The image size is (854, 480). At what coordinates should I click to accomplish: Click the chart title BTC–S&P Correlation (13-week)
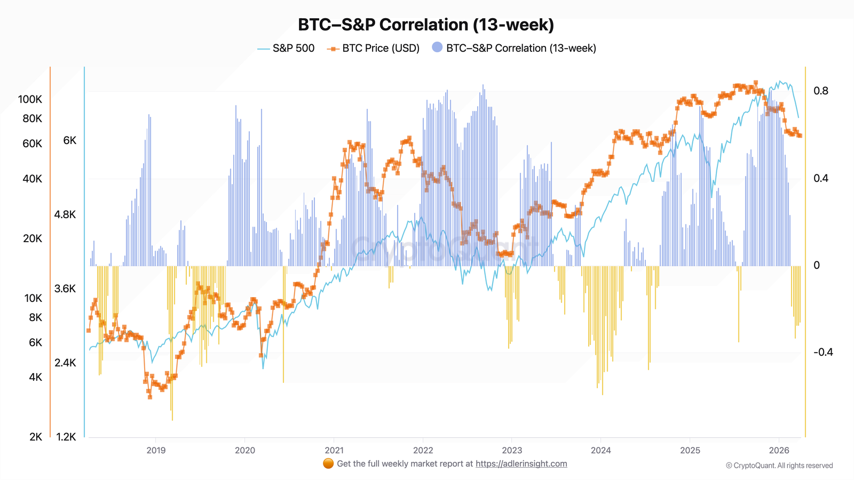[x=426, y=25]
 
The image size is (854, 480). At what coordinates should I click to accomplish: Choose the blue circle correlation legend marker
[x=437, y=47]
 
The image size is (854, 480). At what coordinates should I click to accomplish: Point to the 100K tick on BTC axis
[x=30, y=99]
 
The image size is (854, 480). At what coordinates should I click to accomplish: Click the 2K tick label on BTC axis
[x=36, y=437]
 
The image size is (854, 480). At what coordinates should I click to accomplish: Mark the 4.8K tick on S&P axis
[x=65, y=214]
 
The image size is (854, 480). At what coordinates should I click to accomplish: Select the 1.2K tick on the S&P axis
[x=66, y=437]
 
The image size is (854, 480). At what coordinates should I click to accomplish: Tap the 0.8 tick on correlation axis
[x=821, y=91]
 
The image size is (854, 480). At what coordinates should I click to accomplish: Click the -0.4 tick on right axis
[x=823, y=352]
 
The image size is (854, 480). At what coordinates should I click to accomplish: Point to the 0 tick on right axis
[x=817, y=265]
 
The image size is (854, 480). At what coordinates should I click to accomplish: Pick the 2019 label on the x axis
[x=156, y=450]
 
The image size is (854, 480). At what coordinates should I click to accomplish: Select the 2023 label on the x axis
[x=512, y=450]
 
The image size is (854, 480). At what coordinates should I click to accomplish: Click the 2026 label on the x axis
[x=779, y=450]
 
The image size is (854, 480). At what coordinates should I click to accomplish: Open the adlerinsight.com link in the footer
[x=521, y=463]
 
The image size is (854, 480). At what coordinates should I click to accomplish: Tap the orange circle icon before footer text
[x=328, y=463]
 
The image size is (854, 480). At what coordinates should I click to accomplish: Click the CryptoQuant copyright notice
[x=779, y=466]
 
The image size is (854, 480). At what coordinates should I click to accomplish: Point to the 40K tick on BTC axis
[x=32, y=179]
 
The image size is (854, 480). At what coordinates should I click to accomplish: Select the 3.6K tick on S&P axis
[x=65, y=289]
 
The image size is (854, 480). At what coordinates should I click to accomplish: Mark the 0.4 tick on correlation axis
[x=821, y=178]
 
